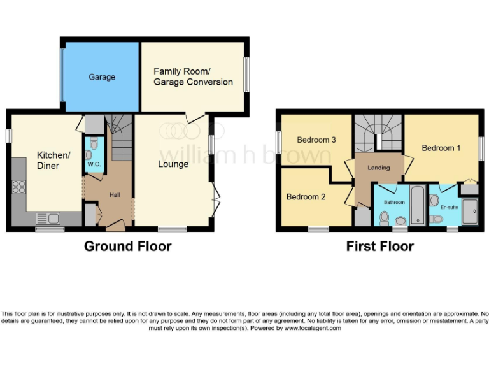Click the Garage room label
coord(102,77)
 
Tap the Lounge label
coord(173,164)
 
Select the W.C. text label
coord(94,164)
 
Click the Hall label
coord(115,195)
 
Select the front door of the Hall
coord(115,223)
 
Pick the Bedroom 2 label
coord(306,197)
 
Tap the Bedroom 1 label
coord(442,148)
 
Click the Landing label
coord(378,168)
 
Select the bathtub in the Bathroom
coord(417,205)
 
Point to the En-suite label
coord(448,207)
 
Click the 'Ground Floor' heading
coord(127,246)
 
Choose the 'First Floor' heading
coord(379,246)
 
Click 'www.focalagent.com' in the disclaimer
coord(313,329)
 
